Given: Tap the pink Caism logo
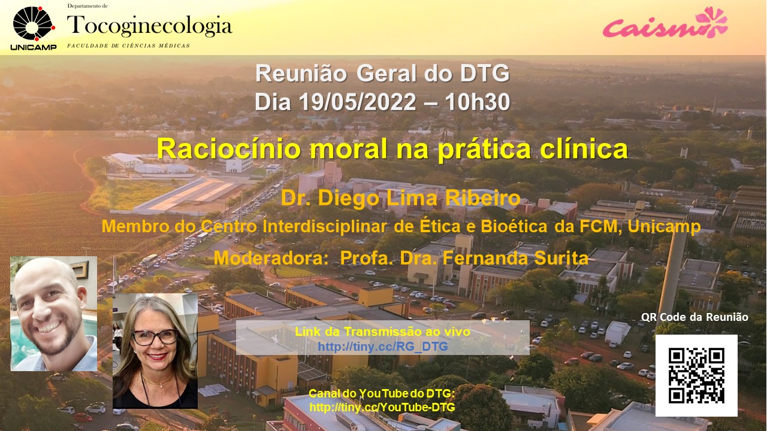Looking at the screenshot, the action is (665, 23).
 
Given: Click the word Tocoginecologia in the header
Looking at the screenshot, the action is (150, 26).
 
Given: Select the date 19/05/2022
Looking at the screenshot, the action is (357, 102).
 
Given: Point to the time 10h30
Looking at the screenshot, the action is (478, 102).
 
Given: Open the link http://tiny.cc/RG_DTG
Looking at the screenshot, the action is (383, 347).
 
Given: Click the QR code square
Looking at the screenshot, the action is (696, 375).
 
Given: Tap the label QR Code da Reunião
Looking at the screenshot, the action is (694, 317).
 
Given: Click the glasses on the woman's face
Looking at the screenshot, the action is (155, 337).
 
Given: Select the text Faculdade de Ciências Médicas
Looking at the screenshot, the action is (128, 46).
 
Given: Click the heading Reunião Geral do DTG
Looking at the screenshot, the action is (382, 74).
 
